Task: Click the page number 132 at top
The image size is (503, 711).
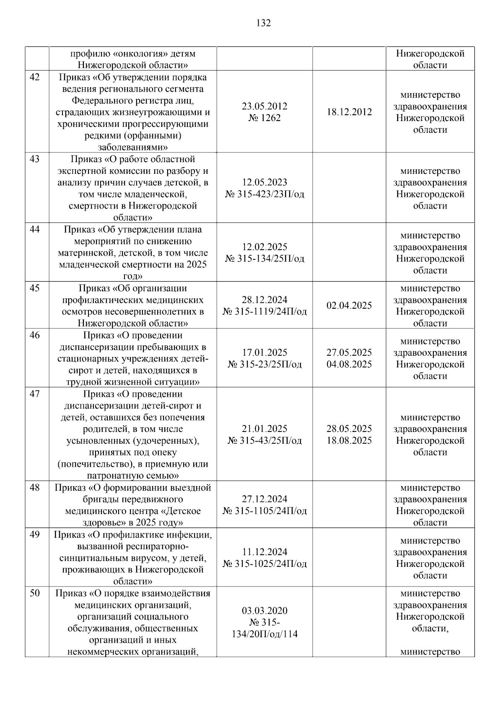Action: point(263,23)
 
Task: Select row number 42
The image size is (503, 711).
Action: point(35,77)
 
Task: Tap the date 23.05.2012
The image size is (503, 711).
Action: point(264,106)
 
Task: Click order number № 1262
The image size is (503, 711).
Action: point(264,118)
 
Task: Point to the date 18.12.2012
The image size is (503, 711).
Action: point(349,112)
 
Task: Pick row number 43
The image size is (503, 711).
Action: point(35,159)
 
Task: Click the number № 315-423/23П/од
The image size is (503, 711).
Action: point(264,194)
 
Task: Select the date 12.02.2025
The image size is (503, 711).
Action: point(264,247)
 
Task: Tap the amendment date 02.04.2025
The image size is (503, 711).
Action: point(349,305)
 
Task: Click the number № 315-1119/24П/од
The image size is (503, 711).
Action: point(264,312)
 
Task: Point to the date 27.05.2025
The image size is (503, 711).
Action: point(349,352)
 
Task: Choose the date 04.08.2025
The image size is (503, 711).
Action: point(349,364)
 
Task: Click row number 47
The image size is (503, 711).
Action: point(35,394)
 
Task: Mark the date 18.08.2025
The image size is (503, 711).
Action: point(349,440)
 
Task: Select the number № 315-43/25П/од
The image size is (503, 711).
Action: point(264,440)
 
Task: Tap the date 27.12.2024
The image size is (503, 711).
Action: point(264,499)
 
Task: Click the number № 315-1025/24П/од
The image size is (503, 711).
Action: point(264,564)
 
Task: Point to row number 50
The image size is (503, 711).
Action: point(35,593)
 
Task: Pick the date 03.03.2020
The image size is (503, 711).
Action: point(264,610)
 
